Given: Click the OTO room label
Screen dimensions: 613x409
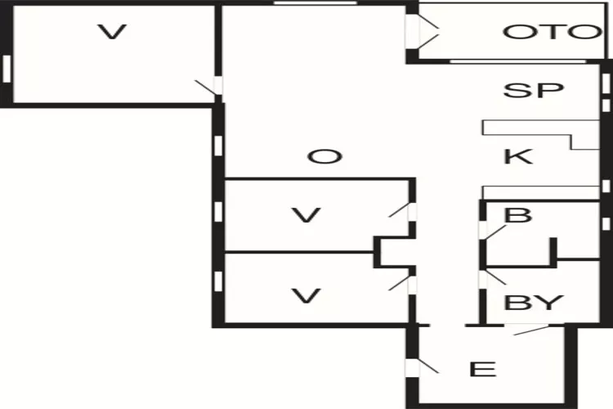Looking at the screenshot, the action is pos(553,32).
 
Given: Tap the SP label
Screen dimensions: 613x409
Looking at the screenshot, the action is pos(534,91).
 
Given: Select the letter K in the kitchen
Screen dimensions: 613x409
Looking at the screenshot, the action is pos(518,156).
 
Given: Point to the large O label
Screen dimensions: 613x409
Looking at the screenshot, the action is pos(324,157).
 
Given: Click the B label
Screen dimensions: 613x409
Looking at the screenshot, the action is pos(518,215).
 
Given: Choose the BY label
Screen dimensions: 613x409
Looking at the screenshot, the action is pos(534,302).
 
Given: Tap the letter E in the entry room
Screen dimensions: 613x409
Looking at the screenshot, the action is pos(483,369).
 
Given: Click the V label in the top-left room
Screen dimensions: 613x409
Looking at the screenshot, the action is pos(112,32).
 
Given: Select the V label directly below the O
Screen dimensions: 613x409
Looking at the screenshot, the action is pos(306,215).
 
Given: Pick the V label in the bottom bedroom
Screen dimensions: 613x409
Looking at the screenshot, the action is pos(306,296).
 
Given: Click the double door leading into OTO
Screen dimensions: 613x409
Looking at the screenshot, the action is pos(423,32).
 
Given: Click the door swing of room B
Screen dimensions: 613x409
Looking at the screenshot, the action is pos(493,231).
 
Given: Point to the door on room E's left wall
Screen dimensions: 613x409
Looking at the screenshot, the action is pos(423,367).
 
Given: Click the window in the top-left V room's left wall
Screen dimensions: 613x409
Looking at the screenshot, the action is pos(7,69).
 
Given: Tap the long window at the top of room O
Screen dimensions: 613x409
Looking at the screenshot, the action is pos(315,2).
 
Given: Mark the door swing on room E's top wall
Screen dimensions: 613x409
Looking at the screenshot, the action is pos(532,330).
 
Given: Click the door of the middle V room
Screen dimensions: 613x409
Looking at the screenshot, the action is pos(403,211).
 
